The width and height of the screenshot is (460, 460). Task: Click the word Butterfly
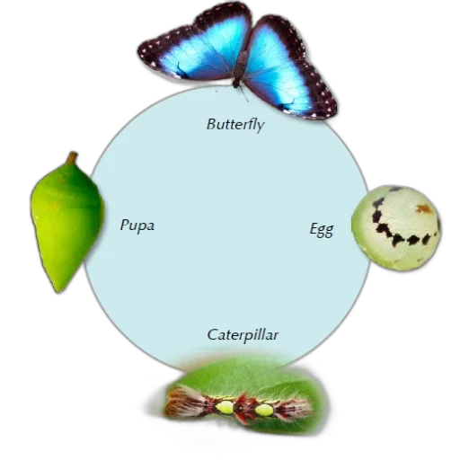click(235, 125)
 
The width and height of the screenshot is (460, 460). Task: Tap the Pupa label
click(137, 226)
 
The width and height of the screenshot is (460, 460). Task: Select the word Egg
click(322, 230)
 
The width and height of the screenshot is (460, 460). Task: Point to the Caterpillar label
click(243, 335)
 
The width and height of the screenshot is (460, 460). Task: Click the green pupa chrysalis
click(66, 223)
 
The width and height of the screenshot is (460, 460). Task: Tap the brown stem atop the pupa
click(72, 158)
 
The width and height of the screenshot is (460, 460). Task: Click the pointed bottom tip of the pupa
click(58, 290)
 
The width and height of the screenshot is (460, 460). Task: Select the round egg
click(396, 227)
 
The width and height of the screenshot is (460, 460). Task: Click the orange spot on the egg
click(424, 208)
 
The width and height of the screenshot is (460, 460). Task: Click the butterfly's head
click(236, 84)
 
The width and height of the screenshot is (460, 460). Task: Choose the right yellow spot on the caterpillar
click(263, 410)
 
